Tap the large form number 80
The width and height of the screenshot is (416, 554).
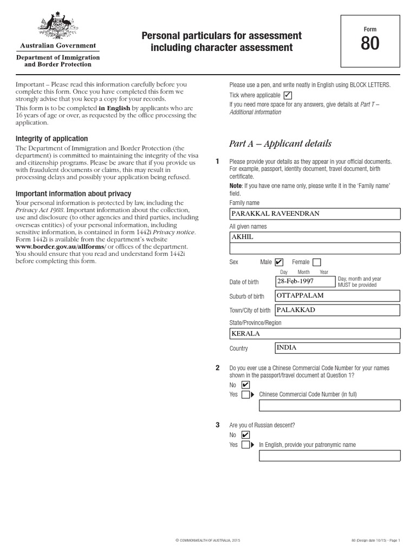click(x=370, y=43)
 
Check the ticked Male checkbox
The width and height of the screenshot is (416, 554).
click(x=279, y=262)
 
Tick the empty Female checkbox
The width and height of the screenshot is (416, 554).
click(x=316, y=262)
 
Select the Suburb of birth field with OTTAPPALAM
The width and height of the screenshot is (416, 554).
click(x=337, y=296)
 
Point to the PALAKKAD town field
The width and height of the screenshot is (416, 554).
click(x=337, y=310)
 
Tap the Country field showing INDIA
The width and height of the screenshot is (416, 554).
click(x=337, y=347)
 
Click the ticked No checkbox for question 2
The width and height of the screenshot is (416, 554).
click(x=245, y=385)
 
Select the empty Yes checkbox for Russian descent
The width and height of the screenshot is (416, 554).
click(x=245, y=445)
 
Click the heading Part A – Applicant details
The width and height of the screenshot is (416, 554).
click(x=280, y=144)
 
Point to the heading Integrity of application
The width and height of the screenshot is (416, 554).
click(x=51, y=139)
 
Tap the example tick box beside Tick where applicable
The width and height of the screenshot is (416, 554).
click(x=288, y=95)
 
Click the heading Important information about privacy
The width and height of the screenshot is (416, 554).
click(x=73, y=194)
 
